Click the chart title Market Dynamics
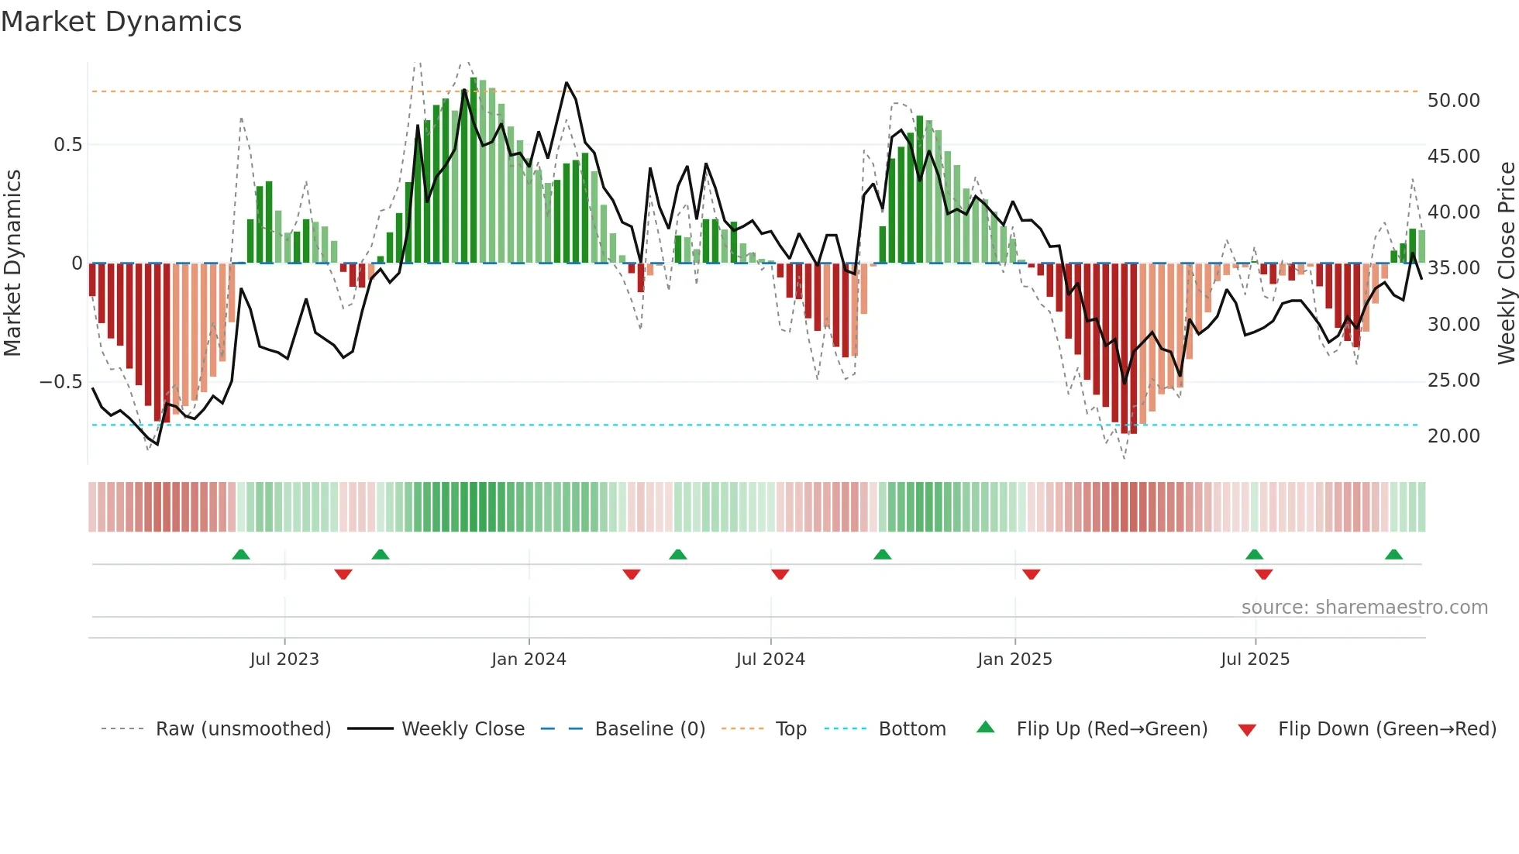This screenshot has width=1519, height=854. (x=121, y=22)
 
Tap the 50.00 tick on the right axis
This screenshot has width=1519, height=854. (x=1453, y=101)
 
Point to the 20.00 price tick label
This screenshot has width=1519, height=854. (x=1453, y=436)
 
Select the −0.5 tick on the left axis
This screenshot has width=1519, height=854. (x=60, y=382)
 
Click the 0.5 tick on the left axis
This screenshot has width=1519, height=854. (x=67, y=145)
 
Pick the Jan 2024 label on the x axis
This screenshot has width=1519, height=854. (x=529, y=659)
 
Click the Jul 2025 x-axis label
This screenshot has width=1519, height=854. (x=1255, y=659)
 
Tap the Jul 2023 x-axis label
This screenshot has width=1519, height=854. (x=284, y=659)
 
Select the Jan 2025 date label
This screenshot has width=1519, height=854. (x=1014, y=659)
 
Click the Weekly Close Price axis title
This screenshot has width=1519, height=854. (x=1506, y=263)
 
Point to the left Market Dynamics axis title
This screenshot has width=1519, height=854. (x=12, y=263)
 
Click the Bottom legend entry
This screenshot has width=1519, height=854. (x=911, y=729)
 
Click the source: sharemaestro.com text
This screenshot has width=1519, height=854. (x=1364, y=608)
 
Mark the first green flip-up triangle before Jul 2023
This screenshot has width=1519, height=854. (x=241, y=555)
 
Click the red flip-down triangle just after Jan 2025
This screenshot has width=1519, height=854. (x=1031, y=574)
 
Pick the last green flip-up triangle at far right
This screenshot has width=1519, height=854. (x=1393, y=555)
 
